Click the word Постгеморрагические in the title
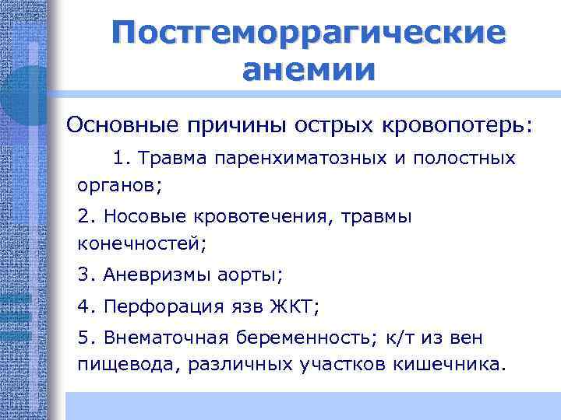(x=308, y=33)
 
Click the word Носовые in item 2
(x=137, y=215)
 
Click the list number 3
(x=84, y=275)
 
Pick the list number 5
(x=84, y=338)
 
